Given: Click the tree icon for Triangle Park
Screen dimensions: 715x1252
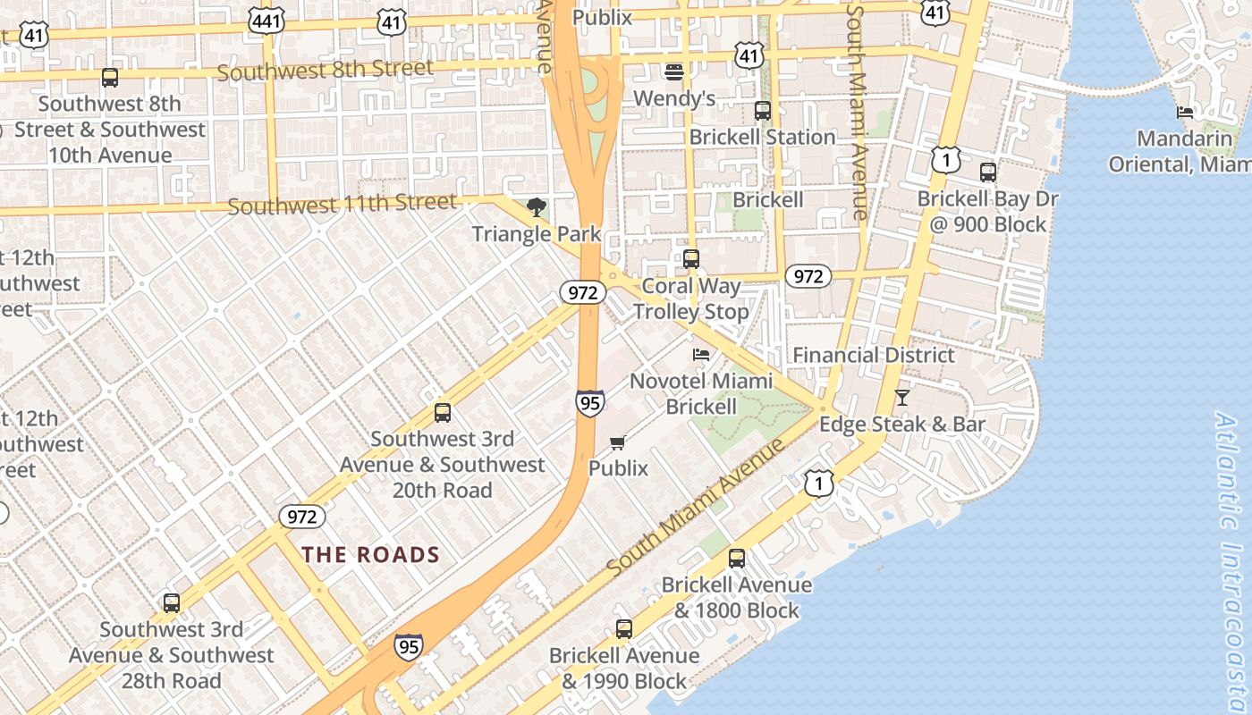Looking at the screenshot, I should click(536, 208).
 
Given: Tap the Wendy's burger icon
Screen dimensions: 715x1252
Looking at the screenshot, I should click(674, 71).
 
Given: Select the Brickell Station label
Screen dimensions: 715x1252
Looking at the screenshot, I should click(762, 137).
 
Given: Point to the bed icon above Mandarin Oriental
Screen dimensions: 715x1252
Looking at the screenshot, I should click(1185, 113).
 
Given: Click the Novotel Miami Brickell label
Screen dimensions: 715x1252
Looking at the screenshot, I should click(701, 393).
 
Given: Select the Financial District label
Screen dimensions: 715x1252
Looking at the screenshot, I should click(873, 355).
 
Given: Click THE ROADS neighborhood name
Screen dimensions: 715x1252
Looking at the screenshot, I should click(370, 554).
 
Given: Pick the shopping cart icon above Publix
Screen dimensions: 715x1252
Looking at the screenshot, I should click(618, 442).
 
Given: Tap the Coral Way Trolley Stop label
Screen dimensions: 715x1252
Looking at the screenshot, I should click(691, 299).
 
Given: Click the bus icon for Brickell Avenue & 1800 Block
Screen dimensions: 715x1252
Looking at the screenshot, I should click(736, 559).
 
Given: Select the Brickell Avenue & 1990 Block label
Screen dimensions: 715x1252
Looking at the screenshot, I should click(624, 668).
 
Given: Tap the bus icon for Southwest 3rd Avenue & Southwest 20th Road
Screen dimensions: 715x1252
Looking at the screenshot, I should click(442, 413).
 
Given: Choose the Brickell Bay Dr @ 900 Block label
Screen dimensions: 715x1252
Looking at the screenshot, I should click(987, 211).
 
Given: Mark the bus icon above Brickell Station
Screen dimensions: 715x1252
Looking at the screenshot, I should click(762, 111).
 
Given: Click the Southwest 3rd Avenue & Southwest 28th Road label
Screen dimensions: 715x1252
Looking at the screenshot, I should click(172, 654).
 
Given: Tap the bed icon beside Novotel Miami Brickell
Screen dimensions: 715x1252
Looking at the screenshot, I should click(701, 355).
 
